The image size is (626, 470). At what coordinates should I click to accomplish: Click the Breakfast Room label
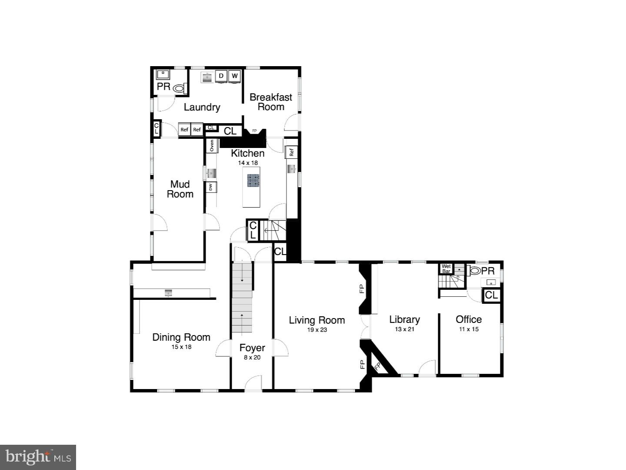point(270,102)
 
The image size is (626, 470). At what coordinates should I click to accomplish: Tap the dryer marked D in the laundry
point(221,76)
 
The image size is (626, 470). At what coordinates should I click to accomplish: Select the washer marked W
point(235,76)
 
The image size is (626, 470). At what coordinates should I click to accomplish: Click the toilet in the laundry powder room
point(179,88)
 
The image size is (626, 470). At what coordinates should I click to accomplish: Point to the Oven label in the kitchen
point(212,145)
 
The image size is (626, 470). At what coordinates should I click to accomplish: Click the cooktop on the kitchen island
point(253,180)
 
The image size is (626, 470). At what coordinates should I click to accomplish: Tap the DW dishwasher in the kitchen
point(211,187)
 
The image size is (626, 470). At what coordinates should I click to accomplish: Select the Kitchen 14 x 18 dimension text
point(248,163)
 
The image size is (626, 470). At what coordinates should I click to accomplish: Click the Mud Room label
point(180,189)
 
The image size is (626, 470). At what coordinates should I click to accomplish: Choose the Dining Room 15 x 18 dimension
point(181,347)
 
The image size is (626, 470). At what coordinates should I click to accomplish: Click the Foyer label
point(252,348)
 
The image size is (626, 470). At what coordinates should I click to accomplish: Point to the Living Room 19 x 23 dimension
point(317,330)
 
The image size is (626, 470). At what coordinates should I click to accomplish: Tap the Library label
point(404,319)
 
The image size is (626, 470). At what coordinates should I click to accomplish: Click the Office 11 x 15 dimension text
point(469,329)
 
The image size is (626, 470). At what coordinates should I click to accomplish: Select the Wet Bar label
point(446,269)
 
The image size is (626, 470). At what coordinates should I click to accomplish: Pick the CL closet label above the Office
point(491,295)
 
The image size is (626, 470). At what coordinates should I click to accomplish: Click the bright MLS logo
point(38,457)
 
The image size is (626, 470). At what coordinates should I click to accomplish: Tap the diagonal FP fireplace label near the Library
point(377,366)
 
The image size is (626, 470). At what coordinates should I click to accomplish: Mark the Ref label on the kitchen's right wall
point(292,152)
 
